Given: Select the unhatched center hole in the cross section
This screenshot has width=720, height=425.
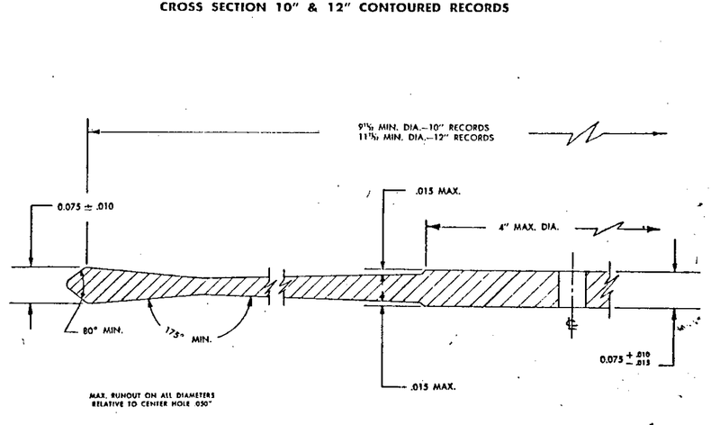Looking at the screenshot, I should coord(571,288).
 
